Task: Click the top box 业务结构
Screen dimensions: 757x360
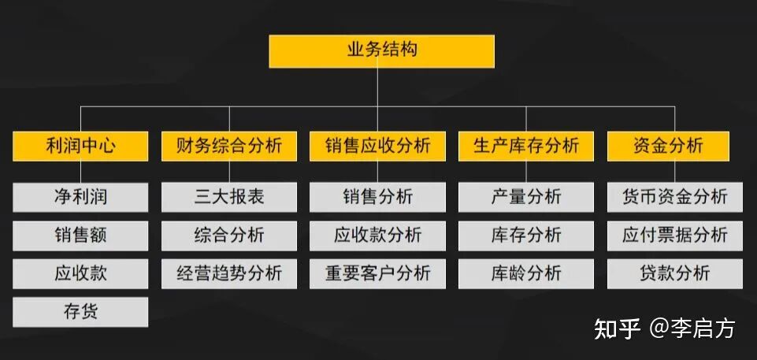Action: pos(381,50)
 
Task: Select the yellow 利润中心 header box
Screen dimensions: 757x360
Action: pos(80,146)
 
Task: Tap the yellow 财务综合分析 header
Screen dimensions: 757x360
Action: pos(229,146)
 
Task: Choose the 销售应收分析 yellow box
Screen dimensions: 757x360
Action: pos(377,146)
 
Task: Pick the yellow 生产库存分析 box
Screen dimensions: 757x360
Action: pos(525,146)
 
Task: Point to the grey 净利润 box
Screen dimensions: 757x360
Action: pos(80,197)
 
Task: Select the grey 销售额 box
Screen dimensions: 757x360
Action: pos(80,236)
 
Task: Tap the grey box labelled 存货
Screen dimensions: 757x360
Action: pos(80,312)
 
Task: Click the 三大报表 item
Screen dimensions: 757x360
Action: pos(229,197)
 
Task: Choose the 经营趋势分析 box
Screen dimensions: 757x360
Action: pos(229,273)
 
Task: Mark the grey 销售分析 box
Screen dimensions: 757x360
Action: pos(377,197)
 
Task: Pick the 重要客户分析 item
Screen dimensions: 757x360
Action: pos(377,273)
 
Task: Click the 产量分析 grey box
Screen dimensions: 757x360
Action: pos(525,197)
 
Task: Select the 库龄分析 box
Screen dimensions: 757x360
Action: pos(525,273)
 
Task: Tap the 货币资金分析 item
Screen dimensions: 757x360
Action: pos(674,197)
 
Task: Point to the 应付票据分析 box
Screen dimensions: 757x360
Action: pos(674,236)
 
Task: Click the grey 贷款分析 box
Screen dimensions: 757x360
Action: pos(674,273)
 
